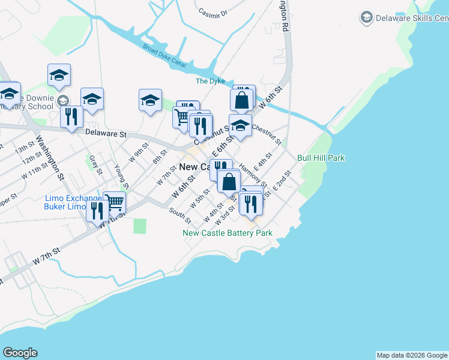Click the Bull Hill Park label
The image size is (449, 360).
pos(321,158)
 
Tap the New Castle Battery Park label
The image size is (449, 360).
pos(228,233)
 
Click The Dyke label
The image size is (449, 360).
pos(210,81)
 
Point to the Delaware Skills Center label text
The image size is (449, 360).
pos(412,18)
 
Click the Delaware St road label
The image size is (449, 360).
pos(106,133)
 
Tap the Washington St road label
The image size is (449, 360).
pos(50,158)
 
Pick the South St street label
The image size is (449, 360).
pos(179,212)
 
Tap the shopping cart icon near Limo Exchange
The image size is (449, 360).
pos(114,202)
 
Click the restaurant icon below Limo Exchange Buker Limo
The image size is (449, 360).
pos(95,211)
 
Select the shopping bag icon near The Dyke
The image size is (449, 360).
pos(241,100)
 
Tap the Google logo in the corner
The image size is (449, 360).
pos(20,353)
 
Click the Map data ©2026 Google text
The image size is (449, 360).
pos(412,355)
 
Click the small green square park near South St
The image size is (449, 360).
pos(140,226)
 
